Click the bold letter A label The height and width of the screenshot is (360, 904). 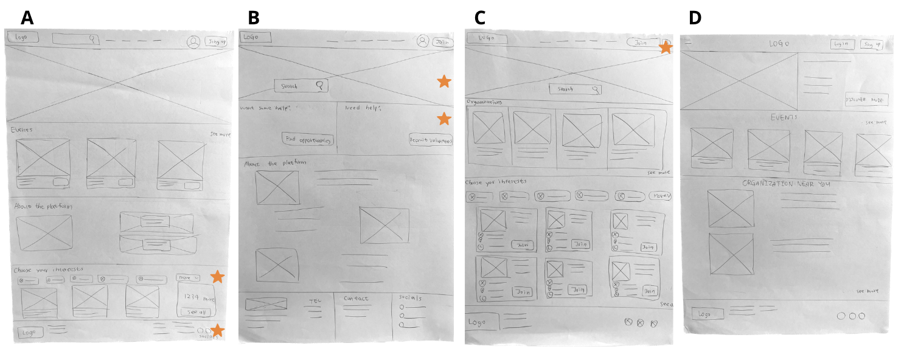click(x=27, y=18)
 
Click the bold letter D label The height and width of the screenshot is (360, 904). click(x=695, y=19)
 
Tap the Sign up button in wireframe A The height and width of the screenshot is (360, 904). click(x=216, y=42)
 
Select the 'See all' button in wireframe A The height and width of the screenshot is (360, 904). click(x=196, y=312)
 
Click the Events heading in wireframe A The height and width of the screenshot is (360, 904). click(x=22, y=130)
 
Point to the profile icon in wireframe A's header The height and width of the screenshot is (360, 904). click(x=193, y=42)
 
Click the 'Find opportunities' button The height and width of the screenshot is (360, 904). click(x=308, y=140)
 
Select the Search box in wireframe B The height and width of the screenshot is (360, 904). click(x=301, y=86)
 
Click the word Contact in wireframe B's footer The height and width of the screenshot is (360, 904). click(x=356, y=299)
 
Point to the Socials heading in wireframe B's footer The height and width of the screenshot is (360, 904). click(x=410, y=298)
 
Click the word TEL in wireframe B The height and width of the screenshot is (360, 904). click(x=315, y=301)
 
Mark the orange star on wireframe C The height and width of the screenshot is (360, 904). click(x=666, y=47)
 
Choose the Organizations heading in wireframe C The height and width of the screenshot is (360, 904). click(x=484, y=102)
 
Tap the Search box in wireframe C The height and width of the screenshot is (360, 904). click(x=575, y=89)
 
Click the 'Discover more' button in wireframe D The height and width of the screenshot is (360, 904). click(x=866, y=100)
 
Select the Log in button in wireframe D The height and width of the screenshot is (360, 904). click(x=842, y=44)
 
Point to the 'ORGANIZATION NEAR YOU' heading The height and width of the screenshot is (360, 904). click(x=786, y=184)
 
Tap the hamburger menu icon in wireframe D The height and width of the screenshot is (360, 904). click(x=688, y=41)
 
